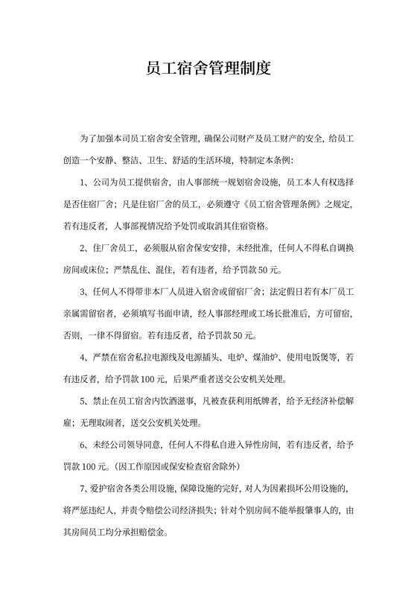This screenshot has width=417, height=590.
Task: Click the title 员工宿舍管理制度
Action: click(x=208, y=70)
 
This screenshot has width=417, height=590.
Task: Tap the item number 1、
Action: click(x=85, y=181)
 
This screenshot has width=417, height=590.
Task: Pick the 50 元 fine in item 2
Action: click(x=266, y=268)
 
